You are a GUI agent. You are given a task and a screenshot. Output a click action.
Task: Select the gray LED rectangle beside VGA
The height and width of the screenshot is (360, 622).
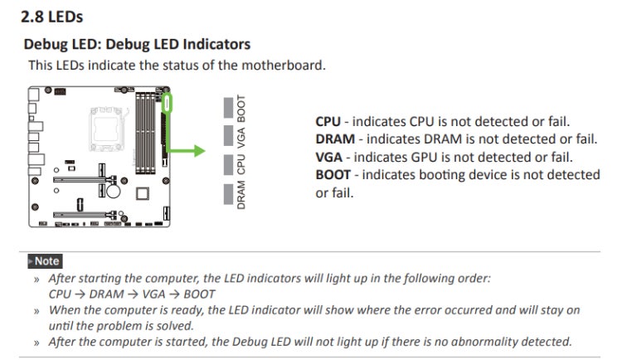tap(230, 136)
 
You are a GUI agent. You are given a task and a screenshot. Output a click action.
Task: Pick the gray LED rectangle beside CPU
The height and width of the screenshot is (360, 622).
tap(230, 164)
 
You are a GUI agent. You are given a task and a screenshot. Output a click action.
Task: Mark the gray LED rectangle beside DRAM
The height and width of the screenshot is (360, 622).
tap(230, 193)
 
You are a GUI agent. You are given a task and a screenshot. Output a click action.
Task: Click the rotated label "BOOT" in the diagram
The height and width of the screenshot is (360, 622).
tap(241, 108)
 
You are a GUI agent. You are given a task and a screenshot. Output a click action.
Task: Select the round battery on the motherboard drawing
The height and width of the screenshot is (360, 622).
tap(109, 190)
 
